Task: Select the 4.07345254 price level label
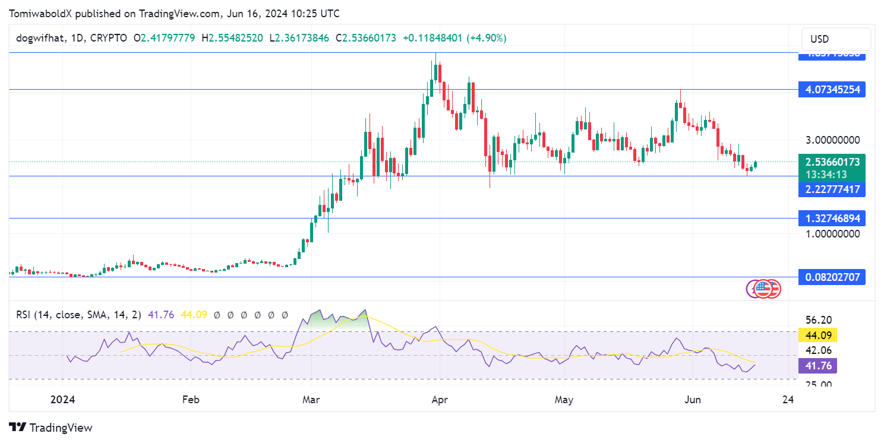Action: (832, 90)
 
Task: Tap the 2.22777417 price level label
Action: (832, 189)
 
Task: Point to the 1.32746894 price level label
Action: (832, 218)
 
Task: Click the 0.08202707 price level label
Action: (832, 277)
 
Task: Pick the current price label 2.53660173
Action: (832, 162)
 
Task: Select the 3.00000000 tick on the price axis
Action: (832, 140)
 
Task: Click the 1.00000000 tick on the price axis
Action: (832, 234)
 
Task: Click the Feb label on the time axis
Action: (190, 400)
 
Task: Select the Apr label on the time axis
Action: (438, 400)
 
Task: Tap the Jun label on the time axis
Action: (692, 400)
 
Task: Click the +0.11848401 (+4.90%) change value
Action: (454, 38)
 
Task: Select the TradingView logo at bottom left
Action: (51, 427)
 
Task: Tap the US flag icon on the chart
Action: (770, 289)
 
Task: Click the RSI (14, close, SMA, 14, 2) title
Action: (78, 315)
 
